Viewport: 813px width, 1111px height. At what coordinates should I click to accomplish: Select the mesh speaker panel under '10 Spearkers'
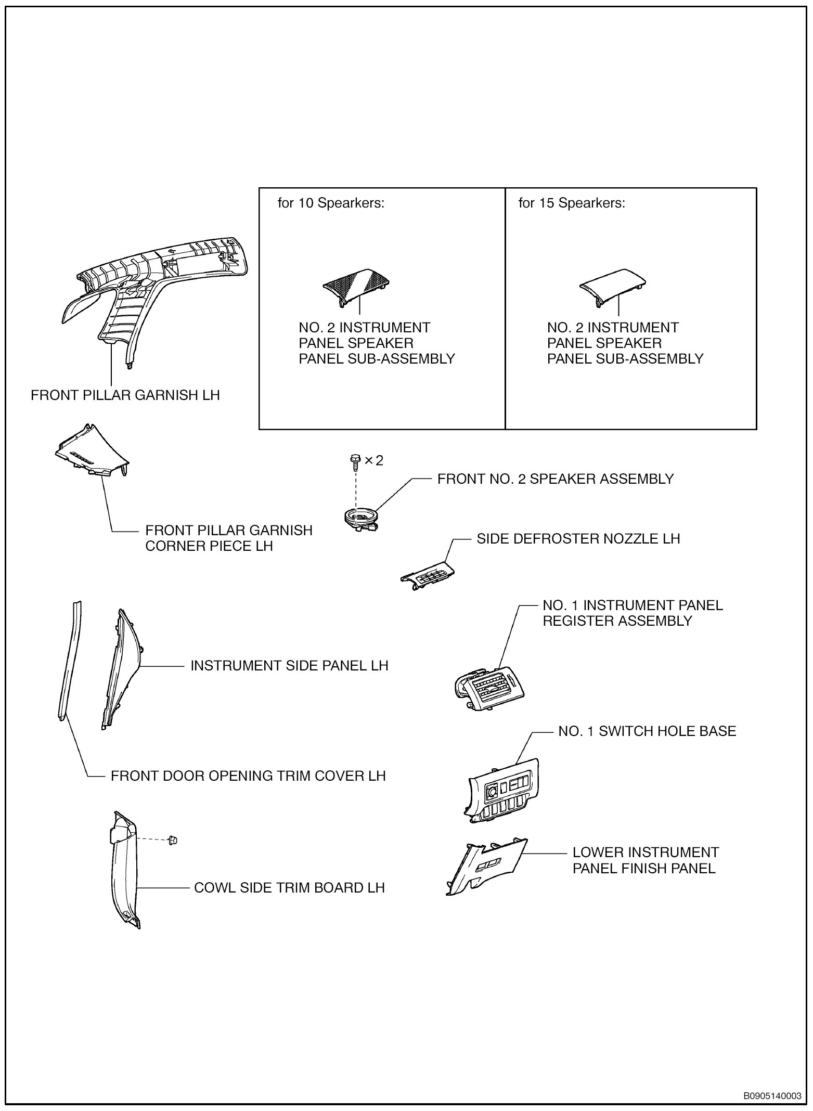[356, 285]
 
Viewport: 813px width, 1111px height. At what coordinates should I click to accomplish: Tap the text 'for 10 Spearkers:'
[331, 203]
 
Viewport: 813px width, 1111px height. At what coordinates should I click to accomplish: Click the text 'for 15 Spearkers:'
[572, 203]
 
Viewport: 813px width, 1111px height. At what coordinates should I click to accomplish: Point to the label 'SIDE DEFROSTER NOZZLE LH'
[578, 538]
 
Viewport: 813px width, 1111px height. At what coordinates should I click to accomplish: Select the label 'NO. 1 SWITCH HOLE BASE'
[647, 731]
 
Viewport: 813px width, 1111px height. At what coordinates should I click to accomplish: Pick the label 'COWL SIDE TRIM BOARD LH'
[289, 887]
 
